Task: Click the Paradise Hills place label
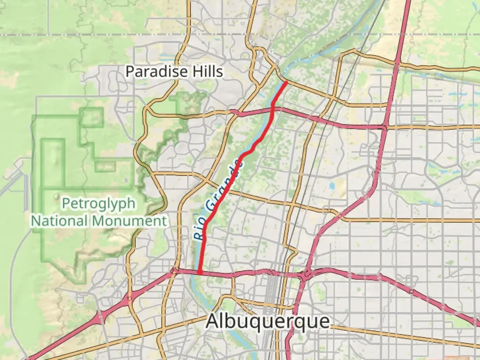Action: coord(174,71)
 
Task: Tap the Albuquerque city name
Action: coord(268,321)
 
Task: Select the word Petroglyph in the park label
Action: coord(99,203)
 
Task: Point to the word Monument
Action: coord(129,221)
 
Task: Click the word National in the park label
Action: coord(60,221)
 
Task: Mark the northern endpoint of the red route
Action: coord(286,82)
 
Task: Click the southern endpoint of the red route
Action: coord(200,272)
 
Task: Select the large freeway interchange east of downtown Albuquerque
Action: coord(306,275)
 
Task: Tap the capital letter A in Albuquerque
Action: coord(214,321)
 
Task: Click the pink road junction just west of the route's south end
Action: coord(174,272)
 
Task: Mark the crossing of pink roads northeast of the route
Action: coord(385,127)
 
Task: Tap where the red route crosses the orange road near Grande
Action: coord(227,190)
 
